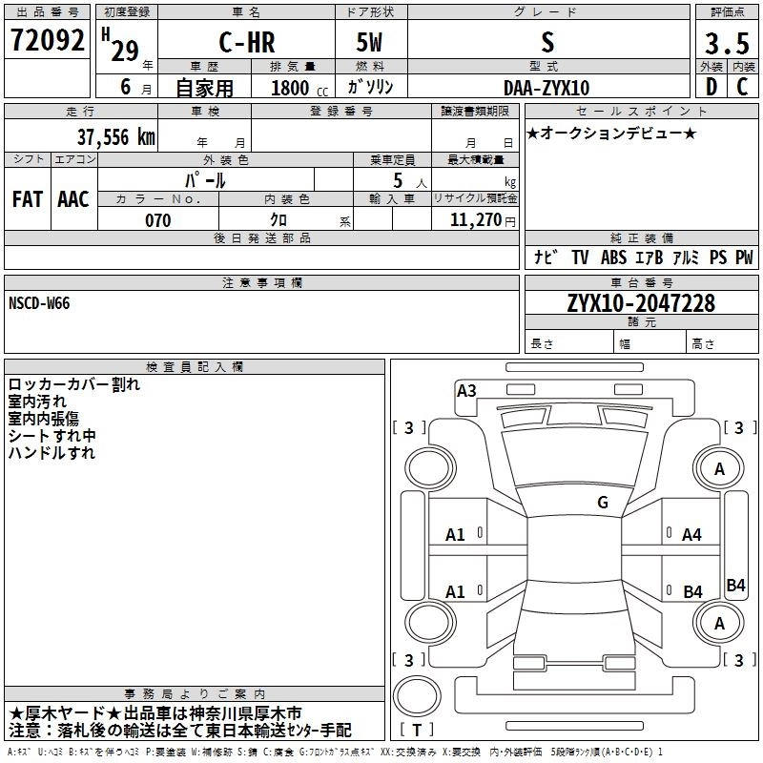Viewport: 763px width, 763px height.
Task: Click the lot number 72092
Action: [48, 41]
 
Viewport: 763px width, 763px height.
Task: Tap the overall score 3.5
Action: [727, 44]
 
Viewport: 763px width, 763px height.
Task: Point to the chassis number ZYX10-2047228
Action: [641, 303]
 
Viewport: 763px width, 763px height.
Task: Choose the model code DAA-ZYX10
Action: [547, 88]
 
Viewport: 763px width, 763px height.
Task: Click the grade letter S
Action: [546, 44]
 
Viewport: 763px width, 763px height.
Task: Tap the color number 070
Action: [158, 220]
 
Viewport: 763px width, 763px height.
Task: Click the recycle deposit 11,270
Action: [475, 220]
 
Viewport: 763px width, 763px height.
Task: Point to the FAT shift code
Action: [28, 199]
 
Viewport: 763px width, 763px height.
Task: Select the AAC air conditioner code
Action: [73, 199]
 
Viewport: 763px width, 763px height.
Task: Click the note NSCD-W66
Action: [39, 303]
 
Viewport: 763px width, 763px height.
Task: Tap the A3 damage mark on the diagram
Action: [466, 390]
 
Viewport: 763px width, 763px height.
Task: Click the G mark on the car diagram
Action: [603, 503]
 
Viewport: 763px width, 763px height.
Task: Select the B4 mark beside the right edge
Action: [735, 586]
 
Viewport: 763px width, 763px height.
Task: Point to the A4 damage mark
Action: [691, 535]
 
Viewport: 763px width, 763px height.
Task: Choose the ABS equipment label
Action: [613, 258]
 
